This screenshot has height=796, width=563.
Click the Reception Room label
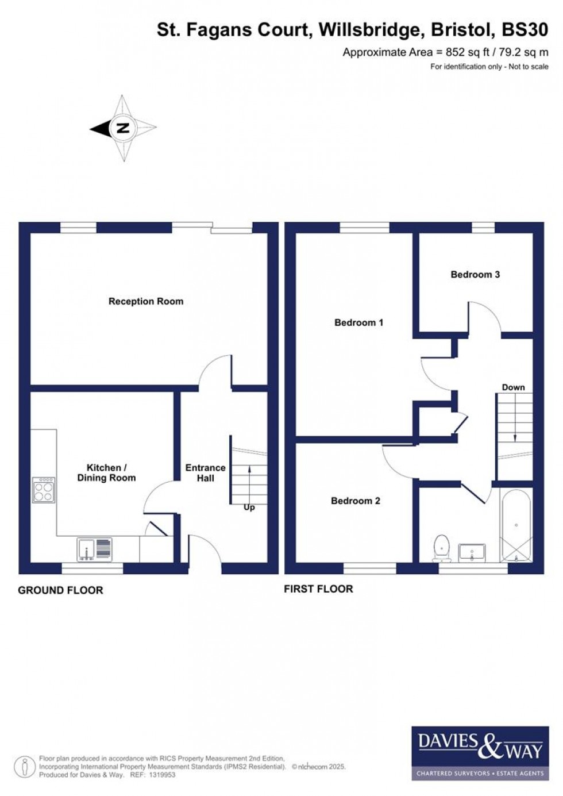pyautogui.click(x=146, y=301)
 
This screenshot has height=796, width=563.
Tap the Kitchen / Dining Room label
pyautogui.click(x=106, y=472)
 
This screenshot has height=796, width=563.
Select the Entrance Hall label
pyautogui.click(x=205, y=472)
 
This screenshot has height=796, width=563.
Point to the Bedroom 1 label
pyautogui.click(x=358, y=322)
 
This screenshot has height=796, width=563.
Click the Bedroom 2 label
pyautogui.click(x=355, y=501)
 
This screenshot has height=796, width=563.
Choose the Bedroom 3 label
pyautogui.click(x=475, y=274)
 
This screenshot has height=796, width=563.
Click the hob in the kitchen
pyautogui.click(x=44, y=490)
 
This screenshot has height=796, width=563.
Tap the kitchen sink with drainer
pyautogui.click(x=95, y=549)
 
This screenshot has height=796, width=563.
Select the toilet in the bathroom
pyautogui.click(x=441, y=548)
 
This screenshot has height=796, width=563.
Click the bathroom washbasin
pyautogui.click(x=472, y=553)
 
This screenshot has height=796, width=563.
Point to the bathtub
pyautogui.click(x=516, y=525)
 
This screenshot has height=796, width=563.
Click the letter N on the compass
pyautogui.click(x=122, y=128)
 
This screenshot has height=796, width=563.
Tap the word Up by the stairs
pyautogui.click(x=249, y=507)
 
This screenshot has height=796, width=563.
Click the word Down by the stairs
pyautogui.click(x=513, y=387)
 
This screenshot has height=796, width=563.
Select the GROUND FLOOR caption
pyautogui.click(x=60, y=590)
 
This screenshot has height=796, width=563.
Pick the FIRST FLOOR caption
pyautogui.click(x=318, y=589)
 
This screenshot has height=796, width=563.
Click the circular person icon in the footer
pyautogui.click(x=25, y=767)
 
